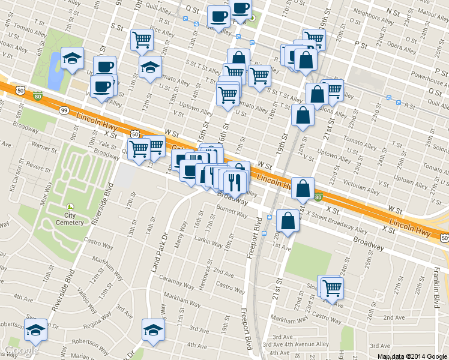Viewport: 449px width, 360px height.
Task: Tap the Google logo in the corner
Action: click(x=22, y=350)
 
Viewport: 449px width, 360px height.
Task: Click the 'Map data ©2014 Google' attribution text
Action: click(x=412, y=356)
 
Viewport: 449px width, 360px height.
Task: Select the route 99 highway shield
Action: click(x=64, y=110)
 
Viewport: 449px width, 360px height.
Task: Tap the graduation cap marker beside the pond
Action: click(x=73, y=58)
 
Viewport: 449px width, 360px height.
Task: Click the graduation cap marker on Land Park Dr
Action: click(x=153, y=329)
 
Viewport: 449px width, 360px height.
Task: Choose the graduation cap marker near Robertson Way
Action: click(x=36, y=330)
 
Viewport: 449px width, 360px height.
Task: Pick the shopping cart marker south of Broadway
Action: click(x=331, y=287)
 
